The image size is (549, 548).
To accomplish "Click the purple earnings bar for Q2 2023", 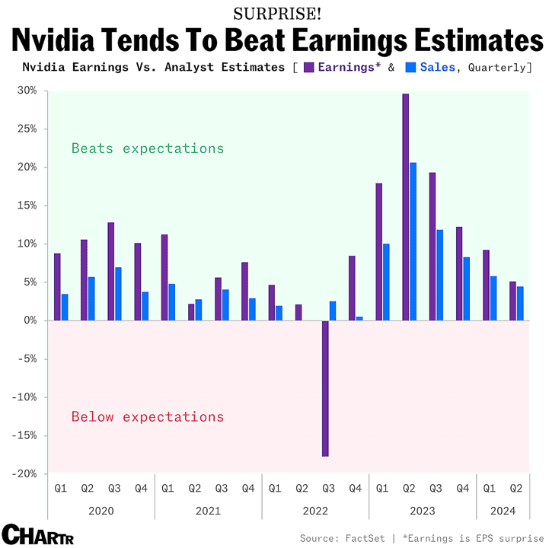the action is [405, 207].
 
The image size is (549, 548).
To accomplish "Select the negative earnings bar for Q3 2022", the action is [325, 388].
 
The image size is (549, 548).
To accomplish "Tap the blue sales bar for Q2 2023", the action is [413, 241].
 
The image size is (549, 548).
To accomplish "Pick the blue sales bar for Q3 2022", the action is [333, 311].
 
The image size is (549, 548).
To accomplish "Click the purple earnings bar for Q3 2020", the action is [111, 272].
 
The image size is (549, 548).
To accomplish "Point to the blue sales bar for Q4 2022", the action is [359, 319].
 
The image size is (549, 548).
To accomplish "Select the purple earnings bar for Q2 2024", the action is [512, 301].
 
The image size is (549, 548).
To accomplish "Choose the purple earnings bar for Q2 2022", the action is [298, 313].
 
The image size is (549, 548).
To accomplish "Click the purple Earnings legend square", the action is [309, 68].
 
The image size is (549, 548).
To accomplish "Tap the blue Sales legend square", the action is [410, 68].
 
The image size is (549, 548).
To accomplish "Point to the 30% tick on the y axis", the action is [46, 91].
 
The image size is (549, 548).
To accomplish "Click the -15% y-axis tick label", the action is [24, 435].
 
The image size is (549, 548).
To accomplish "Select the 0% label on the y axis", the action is [30, 320].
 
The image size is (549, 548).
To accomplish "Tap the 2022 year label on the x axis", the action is [315, 511].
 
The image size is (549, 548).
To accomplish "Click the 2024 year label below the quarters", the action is [503, 511].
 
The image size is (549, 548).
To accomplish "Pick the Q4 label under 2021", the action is [248, 488].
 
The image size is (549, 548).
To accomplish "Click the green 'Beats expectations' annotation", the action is [148, 148].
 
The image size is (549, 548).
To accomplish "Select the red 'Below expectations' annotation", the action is [148, 417].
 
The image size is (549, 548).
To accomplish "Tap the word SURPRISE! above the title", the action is [277, 14].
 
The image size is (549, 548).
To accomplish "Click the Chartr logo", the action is [38, 534].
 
